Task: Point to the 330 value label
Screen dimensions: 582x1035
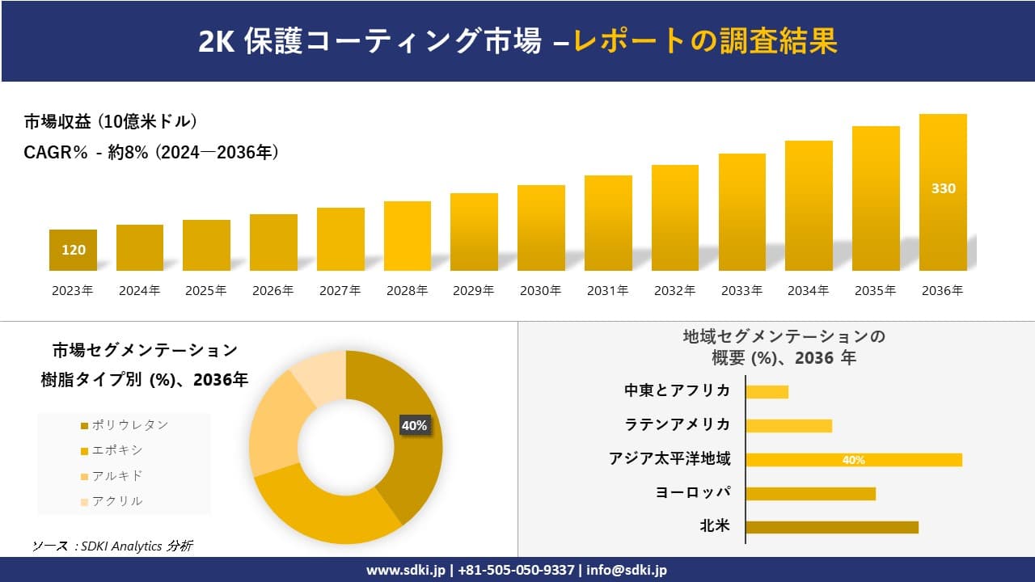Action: (x=943, y=188)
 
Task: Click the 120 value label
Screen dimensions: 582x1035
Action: (x=74, y=250)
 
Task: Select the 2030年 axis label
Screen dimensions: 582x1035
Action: (x=540, y=291)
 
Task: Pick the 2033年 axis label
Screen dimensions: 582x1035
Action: (x=741, y=291)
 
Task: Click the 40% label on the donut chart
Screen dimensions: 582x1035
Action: (x=414, y=425)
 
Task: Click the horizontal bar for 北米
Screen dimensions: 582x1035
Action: (x=831, y=527)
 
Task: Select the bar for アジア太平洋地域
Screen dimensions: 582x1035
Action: (x=853, y=460)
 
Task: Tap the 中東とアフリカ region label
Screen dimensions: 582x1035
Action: (x=677, y=390)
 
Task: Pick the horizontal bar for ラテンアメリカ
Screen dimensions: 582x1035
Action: (x=788, y=425)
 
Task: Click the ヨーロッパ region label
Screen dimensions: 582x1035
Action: (x=693, y=492)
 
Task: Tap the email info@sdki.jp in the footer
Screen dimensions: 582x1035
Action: (x=627, y=570)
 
